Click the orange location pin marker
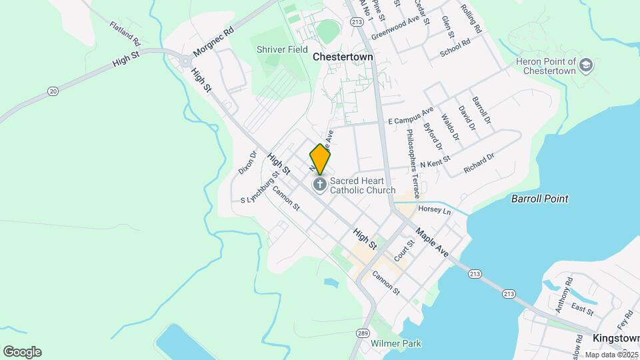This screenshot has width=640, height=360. point(320,159)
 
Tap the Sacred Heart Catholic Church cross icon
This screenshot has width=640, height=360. point(320,184)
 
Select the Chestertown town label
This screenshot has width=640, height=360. point(343,57)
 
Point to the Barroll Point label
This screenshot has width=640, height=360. point(539,199)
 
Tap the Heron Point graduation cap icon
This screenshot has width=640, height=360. point(586,65)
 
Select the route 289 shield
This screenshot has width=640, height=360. point(362,333)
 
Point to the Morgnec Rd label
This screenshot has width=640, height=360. point(214,42)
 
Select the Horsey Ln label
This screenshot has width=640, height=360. point(435,210)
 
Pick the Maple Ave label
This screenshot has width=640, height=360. point(433,244)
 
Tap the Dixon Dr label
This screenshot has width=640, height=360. point(248,162)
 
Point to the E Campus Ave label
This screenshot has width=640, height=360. point(411,115)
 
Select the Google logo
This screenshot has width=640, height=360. point(22,351)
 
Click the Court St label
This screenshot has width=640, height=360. point(400,251)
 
